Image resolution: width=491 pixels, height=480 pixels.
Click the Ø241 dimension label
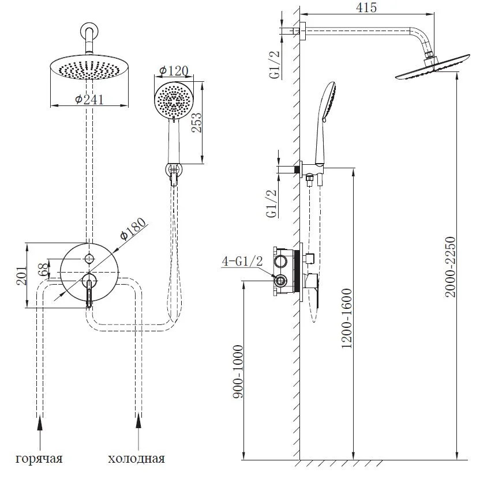click(x=89, y=100)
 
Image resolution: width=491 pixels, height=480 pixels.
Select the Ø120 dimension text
click(x=174, y=71)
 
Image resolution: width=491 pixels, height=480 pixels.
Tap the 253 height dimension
click(x=197, y=123)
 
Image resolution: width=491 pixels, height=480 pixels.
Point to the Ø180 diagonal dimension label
click(x=133, y=229)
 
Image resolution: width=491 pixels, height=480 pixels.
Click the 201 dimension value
click(x=21, y=275)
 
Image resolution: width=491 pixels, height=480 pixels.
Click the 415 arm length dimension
click(x=366, y=7)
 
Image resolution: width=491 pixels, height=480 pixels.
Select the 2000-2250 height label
click(x=451, y=266)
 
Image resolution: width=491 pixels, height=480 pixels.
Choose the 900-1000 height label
click(x=238, y=372)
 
